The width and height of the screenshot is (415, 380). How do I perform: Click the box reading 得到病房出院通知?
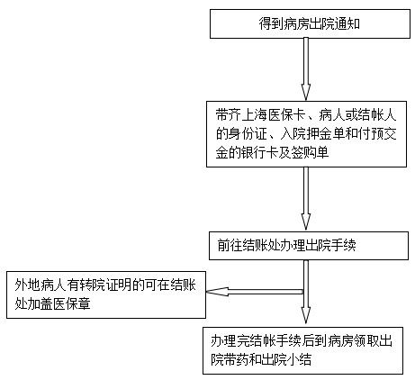click(x=310, y=23)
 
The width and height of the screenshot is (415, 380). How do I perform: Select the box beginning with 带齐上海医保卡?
click(x=306, y=134)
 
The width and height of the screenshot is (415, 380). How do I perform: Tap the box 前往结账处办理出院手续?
click(x=309, y=246)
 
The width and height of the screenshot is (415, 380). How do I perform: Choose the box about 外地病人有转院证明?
click(x=106, y=294)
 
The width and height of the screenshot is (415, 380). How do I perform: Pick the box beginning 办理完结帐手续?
click(x=302, y=350)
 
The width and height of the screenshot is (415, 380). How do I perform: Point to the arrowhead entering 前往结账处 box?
click(x=306, y=222)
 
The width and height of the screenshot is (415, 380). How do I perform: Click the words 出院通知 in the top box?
click(x=335, y=24)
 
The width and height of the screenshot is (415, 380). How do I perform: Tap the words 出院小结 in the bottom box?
click(x=286, y=359)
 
